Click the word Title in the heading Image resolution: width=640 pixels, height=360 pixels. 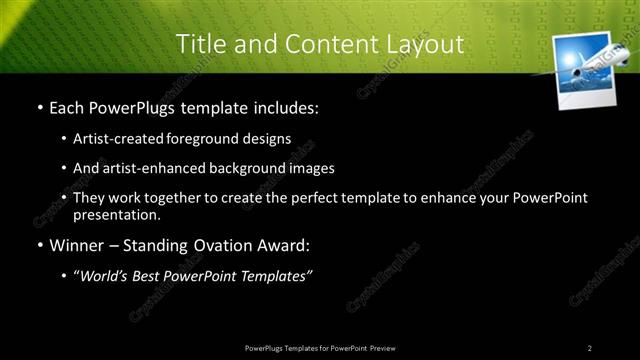coord(199,44)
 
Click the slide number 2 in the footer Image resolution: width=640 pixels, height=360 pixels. coord(589,347)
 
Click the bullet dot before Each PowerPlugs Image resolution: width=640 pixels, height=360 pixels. coord(39,106)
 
